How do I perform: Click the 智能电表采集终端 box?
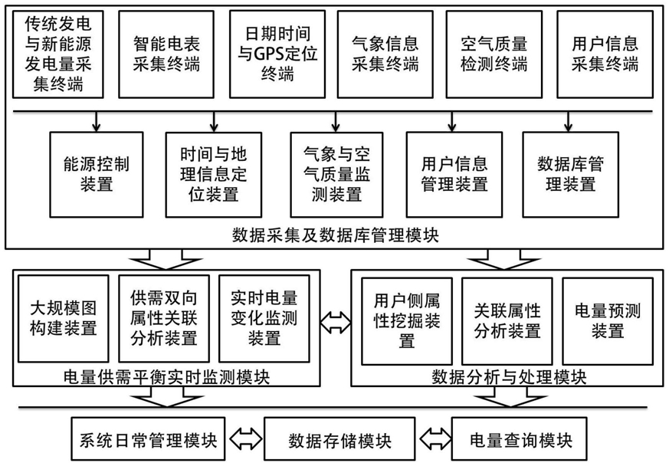(166, 54)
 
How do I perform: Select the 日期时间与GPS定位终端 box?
(277, 54)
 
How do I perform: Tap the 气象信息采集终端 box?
(385, 54)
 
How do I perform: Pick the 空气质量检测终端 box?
(494, 54)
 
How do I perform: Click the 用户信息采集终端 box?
(605, 54)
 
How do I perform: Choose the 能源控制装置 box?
(97, 175)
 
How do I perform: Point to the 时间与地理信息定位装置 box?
(213, 175)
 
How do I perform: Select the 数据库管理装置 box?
(570, 175)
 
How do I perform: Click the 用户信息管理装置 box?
(454, 175)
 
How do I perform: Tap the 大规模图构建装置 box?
(64, 319)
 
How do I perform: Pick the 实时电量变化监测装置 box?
(264, 319)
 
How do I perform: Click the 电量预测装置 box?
(608, 321)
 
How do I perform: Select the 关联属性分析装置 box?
(507, 321)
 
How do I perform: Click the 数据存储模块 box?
(339, 439)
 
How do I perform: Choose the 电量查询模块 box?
(520, 439)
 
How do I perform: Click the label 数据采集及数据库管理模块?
(336, 235)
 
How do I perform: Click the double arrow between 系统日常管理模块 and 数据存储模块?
(246, 439)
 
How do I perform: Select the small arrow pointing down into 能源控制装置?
(97, 122)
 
